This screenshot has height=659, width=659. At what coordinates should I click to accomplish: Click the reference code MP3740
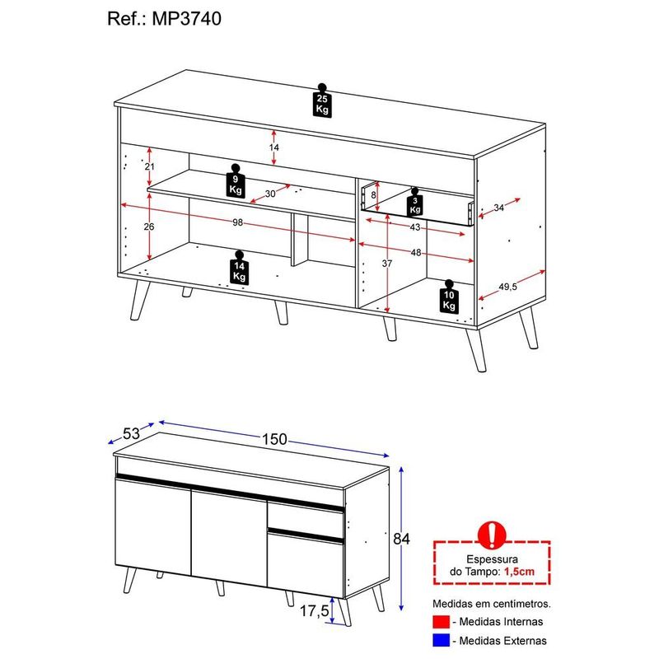click(x=187, y=19)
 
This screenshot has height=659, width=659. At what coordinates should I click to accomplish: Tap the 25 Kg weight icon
click(x=322, y=100)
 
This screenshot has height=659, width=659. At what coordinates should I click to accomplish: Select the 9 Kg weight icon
click(x=236, y=181)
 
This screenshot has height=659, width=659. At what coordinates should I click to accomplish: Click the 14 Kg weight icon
click(x=239, y=268)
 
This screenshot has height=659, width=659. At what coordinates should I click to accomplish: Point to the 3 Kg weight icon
click(x=415, y=203)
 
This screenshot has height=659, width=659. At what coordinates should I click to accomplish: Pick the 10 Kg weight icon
click(x=449, y=297)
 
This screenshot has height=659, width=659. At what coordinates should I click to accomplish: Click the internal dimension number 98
click(x=238, y=222)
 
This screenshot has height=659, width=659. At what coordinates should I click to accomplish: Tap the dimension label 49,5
click(x=507, y=287)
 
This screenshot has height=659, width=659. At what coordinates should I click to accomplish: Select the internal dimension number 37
click(x=386, y=264)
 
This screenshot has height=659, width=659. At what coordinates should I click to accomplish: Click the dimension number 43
click(x=415, y=227)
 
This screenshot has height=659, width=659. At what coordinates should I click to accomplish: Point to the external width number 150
click(x=274, y=439)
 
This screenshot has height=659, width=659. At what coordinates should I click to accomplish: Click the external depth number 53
click(x=131, y=433)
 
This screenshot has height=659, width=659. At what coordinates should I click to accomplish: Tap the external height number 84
click(x=401, y=539)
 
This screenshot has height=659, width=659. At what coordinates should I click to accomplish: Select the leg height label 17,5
click(x=314, y=610)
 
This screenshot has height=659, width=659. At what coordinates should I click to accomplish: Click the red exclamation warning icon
click(x=492, y=535)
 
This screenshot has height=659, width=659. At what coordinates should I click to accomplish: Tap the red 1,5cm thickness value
click(x=519, y=572)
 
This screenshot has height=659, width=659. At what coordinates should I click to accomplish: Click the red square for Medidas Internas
click(x=441, y=622)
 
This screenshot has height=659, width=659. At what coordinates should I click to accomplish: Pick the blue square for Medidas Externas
click(x=441, y=641)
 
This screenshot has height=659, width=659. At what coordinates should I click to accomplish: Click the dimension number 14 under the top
click(x=274, y=147)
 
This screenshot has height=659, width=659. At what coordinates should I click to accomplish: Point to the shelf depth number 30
click(x=270, y=194)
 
